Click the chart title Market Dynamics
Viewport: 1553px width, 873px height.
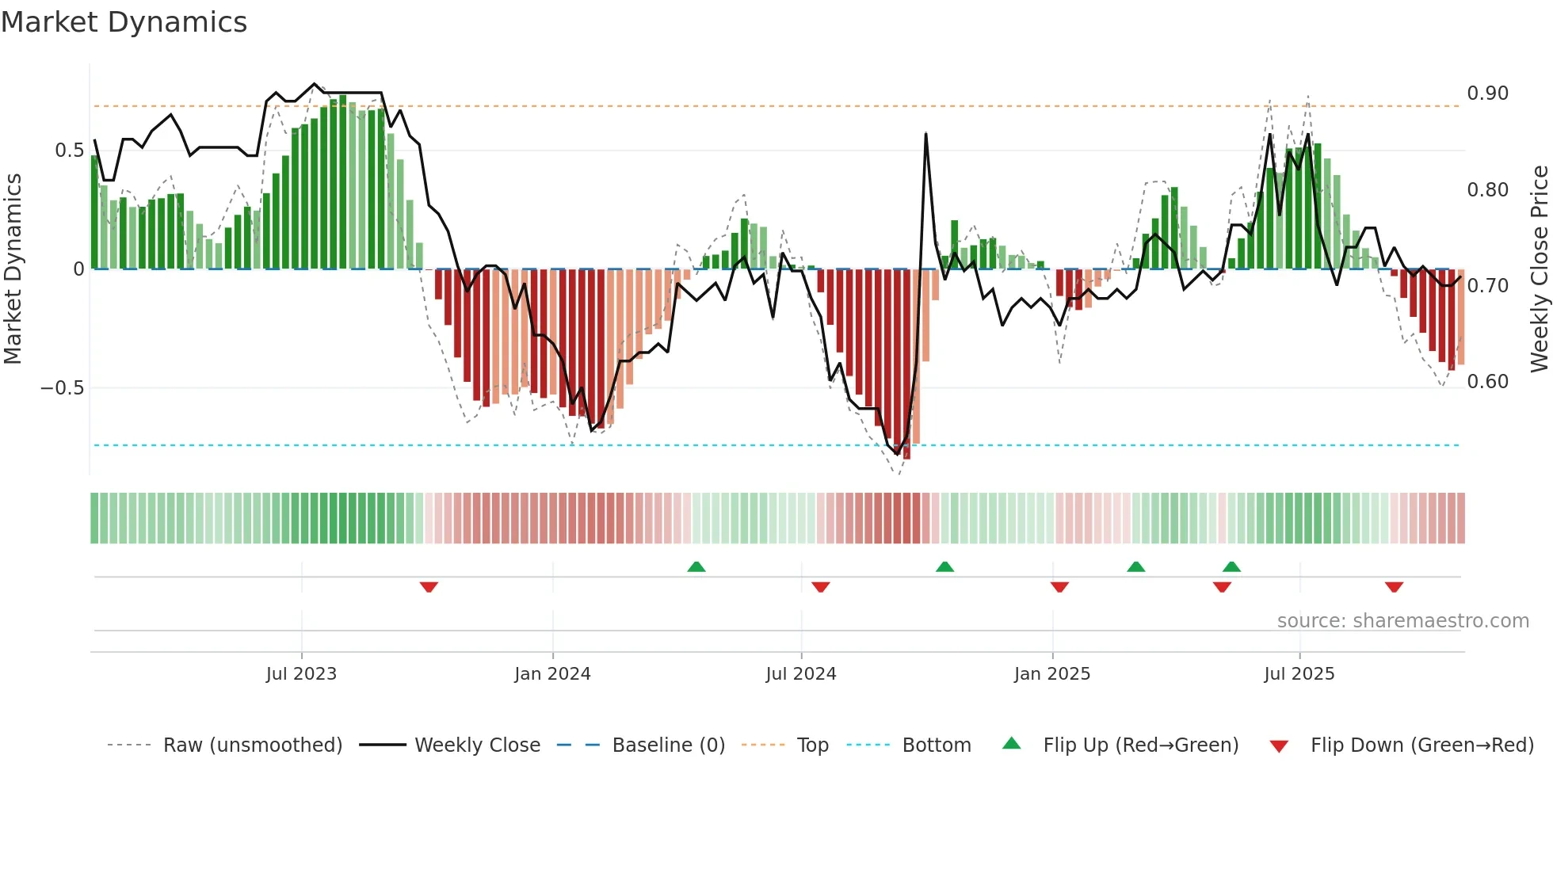tap(124, 22)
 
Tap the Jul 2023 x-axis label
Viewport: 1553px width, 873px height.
tap(301, 674)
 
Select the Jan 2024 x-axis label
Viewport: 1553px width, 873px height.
tap(552, 674)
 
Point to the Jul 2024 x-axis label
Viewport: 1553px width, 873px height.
tap(800, 674)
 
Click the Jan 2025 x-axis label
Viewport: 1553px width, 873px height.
tap(1051, 674)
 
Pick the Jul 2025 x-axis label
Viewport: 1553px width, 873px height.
tap(1299, 674)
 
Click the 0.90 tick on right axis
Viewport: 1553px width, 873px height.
tap(1487, 93)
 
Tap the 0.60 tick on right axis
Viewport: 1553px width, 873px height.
tap(1487, 382)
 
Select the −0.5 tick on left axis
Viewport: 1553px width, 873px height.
tap(62, 388)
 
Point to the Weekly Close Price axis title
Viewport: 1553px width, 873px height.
tap(1539, 269)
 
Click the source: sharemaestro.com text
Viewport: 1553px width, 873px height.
tap(1402, 621)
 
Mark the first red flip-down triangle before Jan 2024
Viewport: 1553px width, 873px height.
tap(429, 587)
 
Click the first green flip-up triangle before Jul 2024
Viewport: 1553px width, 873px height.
tap(696, 566)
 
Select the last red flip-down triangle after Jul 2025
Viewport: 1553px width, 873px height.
tap(1394, 587)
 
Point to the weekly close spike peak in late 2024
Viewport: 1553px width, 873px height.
tap(925, 134)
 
